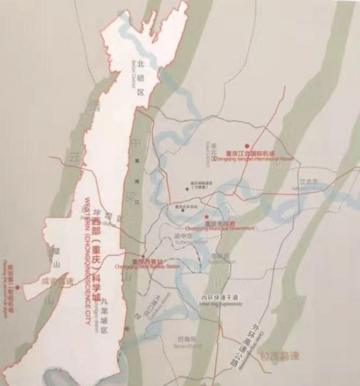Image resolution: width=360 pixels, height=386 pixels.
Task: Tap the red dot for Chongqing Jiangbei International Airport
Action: (x=246, y=146)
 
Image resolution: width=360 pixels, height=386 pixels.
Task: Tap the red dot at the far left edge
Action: (x=17, y=287)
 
